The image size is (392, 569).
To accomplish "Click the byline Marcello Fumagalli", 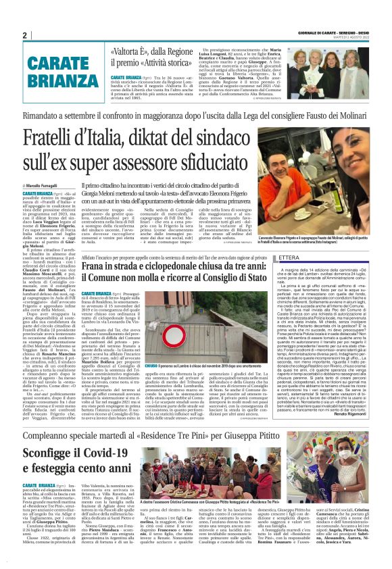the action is point(48,185).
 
